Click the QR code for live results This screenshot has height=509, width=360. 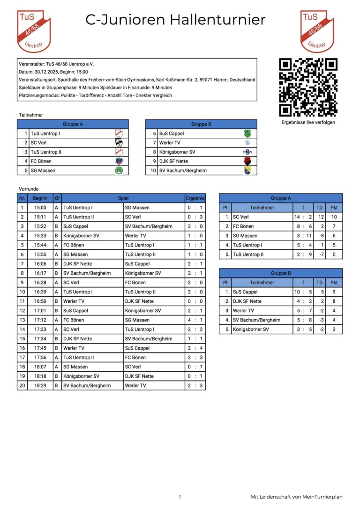(308, 87)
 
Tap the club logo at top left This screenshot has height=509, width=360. (33, 31)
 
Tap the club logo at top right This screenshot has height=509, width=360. (317, 31)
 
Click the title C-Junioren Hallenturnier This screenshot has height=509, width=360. (175, 20)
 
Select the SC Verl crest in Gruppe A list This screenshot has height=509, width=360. (119, 142)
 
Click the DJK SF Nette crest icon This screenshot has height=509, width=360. (247, 161)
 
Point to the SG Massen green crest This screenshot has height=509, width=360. (119, 171)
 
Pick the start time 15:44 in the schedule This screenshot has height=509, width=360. (40, 245)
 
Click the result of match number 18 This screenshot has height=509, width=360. (195, 367)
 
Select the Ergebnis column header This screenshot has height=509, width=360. (195, 198)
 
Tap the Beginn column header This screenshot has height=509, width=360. (40, 198)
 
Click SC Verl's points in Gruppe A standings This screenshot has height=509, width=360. (334, 217)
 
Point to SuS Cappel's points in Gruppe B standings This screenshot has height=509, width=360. (334, 292)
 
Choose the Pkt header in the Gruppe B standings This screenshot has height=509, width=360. (334, 283)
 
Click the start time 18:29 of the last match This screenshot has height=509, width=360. (40, 386)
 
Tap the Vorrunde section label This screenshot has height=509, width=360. (28, 188)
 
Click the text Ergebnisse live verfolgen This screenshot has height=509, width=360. (308, 122)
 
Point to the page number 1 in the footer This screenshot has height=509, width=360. (180, 497)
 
